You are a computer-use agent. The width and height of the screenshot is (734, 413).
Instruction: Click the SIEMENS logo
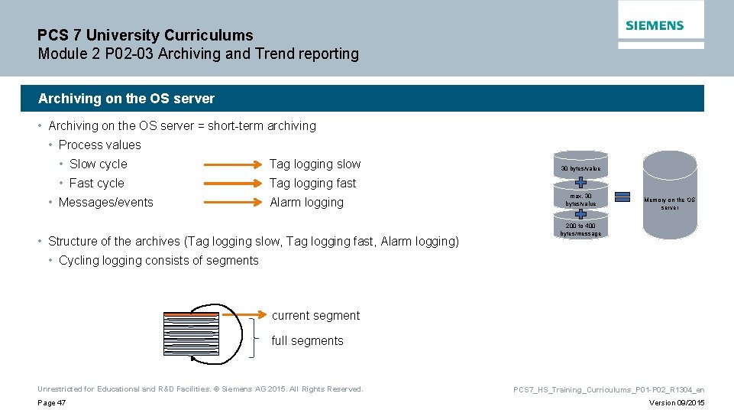(x=655, y=25)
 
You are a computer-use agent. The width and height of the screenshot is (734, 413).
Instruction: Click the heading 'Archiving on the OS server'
(x=126, y=99)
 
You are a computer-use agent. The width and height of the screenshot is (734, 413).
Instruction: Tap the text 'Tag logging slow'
(x=315, y=164)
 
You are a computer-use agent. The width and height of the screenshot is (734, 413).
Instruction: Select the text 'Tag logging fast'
(x=312, y=183)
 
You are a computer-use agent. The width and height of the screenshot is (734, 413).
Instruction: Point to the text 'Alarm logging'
(x=306, y=202)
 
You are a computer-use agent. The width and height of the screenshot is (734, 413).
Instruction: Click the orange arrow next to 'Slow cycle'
(x=231, y=164)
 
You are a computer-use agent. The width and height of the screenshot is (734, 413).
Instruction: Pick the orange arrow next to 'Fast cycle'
(x=231, y=183)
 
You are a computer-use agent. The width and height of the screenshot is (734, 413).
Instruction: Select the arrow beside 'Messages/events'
(x=231, y=202)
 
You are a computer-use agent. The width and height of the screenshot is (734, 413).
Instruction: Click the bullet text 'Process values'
(x=99, y=145)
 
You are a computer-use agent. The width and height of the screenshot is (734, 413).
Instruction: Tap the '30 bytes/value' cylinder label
(x=580, y=168)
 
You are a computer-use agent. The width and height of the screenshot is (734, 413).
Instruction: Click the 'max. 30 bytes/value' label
(x=580, y=200)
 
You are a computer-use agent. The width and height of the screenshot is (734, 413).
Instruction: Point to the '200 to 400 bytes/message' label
(x=580, y=229)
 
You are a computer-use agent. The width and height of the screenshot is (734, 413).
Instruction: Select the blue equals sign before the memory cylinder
(x=622, y=198)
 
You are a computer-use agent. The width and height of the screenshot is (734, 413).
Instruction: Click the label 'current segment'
(x=315, y=315)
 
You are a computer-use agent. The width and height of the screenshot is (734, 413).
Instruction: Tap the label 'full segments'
(x=307, y=340)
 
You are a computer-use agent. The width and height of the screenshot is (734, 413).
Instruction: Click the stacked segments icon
(x=190, y=334)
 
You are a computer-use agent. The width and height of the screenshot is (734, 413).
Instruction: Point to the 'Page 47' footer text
(x=51, y=403)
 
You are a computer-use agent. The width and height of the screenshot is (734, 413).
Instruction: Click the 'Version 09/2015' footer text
(x=676, y=403)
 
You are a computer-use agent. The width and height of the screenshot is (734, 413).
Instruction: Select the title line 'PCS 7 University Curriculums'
(x=145, y=35)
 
